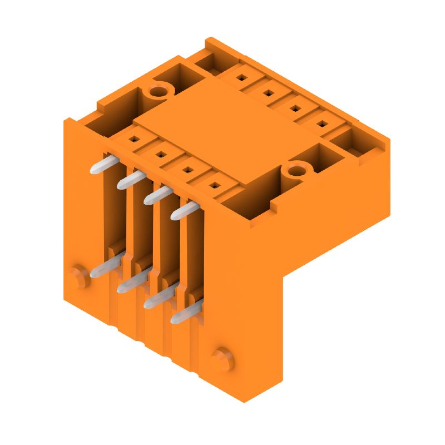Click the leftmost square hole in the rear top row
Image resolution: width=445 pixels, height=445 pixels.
click(x=241, y=78)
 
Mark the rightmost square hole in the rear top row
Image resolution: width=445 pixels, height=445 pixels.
click(x=322, y=123)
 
